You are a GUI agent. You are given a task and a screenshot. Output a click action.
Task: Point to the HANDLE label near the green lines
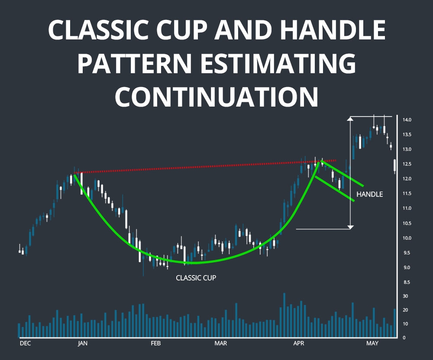(x=369, y=195)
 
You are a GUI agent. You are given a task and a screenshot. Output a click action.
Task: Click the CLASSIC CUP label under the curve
(x=196, y=278)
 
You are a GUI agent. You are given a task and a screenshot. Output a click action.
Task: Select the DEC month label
(x=26, y=344)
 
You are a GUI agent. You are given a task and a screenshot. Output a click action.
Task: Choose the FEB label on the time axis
(x=155, y=344)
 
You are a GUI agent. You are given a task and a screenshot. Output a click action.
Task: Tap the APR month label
(x=299, y=344)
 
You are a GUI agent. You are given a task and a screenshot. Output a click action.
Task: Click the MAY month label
(x=372, y=344)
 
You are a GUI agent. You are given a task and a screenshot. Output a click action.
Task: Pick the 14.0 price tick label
(x=407, y=120)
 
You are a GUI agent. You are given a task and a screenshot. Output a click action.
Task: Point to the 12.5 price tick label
(x=407, y=164)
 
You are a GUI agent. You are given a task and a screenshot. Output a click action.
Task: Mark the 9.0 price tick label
(x=407, y=268)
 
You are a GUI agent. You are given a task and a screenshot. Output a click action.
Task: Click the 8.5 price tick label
(x=407, y=282)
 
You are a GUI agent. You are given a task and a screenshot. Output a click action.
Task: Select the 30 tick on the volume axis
(x=406, y=296)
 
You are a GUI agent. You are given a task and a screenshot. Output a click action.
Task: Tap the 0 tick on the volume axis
(x=404, y=338)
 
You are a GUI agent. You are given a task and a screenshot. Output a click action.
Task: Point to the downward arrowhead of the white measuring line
(x=351, y=227)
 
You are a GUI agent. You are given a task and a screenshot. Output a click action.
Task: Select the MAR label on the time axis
(x=221, y=344)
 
